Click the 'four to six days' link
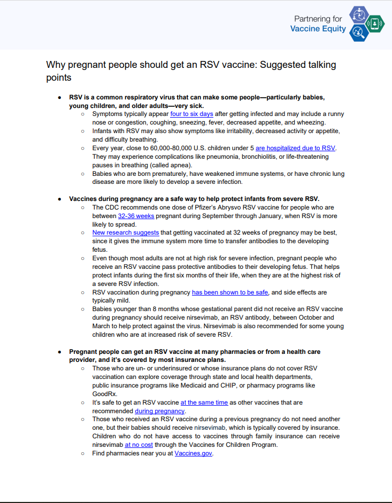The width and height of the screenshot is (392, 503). [x=191, y=114]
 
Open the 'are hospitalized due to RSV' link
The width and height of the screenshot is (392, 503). [x=296, y=148]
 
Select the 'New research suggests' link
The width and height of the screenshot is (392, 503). [x=126, y=233]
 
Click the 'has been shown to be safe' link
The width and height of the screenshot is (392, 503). [x=230, y=292]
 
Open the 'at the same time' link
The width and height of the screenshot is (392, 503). [x=204, y=402]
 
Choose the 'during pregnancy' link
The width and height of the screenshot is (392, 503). [x=159, y=411]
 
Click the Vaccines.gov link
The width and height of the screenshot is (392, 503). [x=194, y=453]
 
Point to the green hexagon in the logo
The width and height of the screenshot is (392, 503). [x=375, y=24]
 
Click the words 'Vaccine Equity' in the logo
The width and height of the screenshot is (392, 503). [x=318, y=29]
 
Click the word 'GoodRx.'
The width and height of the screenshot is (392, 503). [x=105, y=393]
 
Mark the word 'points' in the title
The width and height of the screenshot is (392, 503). [x=59, y=78]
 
